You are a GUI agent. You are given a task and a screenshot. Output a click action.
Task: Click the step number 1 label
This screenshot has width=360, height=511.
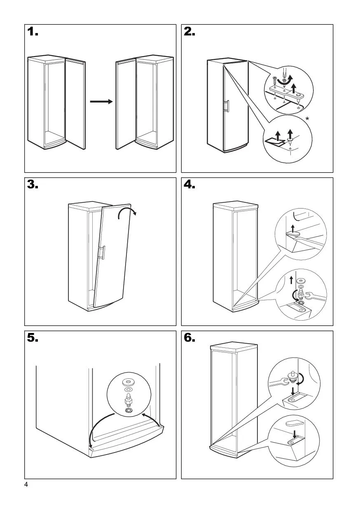(33, 32)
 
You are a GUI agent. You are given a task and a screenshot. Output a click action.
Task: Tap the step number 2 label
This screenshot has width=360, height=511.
(190, 32)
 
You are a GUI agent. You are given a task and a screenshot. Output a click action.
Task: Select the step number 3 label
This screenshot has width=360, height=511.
(33, 185)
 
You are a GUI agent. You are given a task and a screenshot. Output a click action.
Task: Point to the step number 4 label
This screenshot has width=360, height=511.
(190, 185)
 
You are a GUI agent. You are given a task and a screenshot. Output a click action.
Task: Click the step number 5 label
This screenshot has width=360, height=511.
(33, 338)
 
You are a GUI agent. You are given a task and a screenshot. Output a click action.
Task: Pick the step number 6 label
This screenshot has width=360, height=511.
(190, 338)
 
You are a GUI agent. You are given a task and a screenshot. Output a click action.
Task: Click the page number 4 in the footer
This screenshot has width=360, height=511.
(26, 485)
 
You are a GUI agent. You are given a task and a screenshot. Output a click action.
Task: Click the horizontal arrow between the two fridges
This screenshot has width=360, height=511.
(101, 101)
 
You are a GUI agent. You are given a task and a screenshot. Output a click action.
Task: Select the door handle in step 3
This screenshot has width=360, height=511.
(103, 253)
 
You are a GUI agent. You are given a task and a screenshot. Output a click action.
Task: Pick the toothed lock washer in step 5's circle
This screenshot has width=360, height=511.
(128, 411)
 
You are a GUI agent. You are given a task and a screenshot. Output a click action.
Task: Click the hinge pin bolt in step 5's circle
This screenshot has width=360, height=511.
(128, 399)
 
